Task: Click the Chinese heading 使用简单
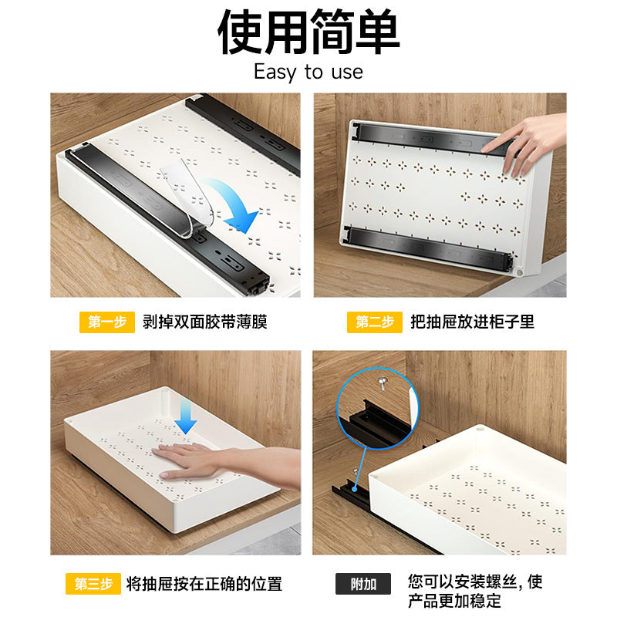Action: tap(308, 32)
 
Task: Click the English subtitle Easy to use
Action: tap(308, 72)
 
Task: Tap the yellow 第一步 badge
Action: tap(106, 322)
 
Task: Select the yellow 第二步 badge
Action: tap(375, 322)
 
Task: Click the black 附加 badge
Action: tap(363, 584)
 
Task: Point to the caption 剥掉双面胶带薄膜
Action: tap(205, 322)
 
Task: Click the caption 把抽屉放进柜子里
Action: tap(472, 322)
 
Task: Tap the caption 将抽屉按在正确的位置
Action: tap(204, 584)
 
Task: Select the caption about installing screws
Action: tap(475, 591)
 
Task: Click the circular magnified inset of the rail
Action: tap(376, 408)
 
